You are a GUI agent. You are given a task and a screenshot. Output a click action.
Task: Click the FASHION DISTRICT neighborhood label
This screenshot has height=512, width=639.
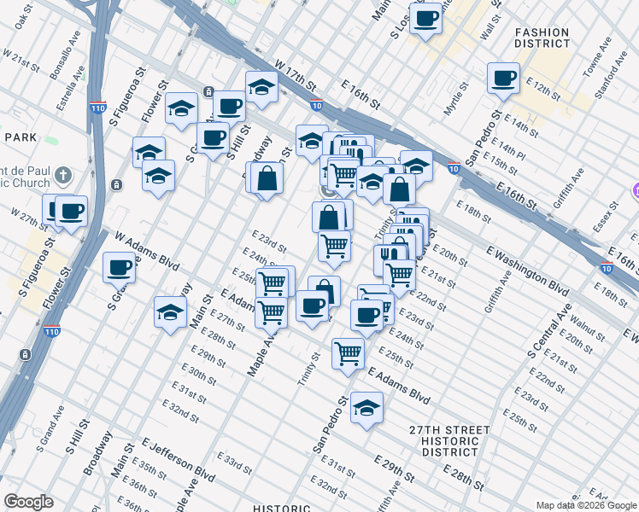[542, 38]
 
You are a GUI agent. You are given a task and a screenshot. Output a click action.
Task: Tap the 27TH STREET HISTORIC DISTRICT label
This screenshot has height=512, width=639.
[449, 440]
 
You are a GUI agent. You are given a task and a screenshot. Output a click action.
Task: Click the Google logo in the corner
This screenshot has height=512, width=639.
[28, 502]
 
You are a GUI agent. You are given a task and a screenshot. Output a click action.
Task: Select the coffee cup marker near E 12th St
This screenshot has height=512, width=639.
[503, 78]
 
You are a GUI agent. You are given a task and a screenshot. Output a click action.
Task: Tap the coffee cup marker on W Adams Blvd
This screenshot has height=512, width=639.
[119, 267]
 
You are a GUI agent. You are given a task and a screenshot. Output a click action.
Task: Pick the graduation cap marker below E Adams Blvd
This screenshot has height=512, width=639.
[366, 407]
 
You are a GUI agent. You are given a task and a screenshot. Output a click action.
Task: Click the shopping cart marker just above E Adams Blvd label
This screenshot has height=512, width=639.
[348, 352]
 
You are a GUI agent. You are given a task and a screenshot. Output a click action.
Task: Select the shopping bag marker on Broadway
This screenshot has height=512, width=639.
[267, 178]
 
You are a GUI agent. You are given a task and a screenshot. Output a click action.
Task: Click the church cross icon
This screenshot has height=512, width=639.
[62, 176]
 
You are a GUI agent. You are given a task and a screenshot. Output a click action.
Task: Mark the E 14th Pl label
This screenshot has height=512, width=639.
[513, 150]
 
